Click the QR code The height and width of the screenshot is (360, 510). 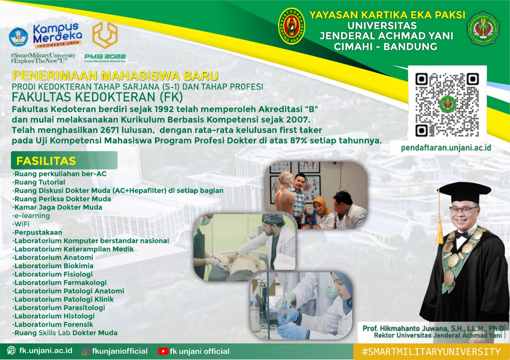[447, 104]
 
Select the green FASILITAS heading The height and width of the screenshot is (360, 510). [46, 160]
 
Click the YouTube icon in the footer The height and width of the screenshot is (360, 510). [163, 351]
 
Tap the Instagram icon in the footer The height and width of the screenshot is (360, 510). [86, 351]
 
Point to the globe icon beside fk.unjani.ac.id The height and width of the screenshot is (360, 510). [11, 350]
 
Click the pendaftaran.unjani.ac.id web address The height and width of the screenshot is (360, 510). [446, 148]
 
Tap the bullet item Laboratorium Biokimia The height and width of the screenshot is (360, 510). [53, 266]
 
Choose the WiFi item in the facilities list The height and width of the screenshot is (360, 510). [21, 224]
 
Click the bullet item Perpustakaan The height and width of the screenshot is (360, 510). [37, 232]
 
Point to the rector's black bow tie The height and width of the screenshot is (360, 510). [461, 235]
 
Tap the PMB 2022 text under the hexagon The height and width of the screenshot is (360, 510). [105, 56]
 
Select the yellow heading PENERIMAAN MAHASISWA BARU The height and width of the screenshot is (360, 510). [116, 76]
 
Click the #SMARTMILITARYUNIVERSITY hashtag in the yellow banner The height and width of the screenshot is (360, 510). [431, 352]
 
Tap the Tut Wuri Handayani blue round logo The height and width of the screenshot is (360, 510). [18, 37]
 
